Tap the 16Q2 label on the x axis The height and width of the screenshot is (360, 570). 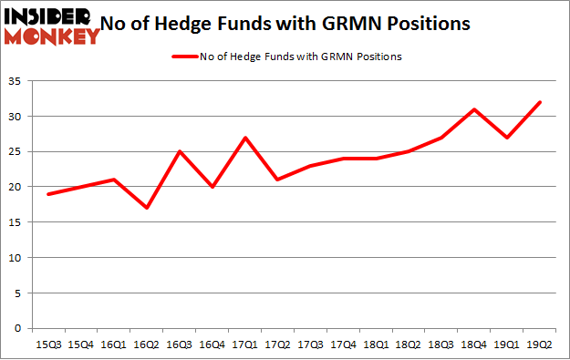[147, 344]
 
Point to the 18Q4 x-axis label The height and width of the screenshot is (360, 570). [474, 344]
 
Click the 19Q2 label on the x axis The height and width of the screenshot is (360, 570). [540, 344]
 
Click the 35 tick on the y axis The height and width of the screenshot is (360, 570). [18, 81]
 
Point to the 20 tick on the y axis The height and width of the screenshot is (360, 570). [18, 187]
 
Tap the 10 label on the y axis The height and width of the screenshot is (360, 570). [18, 257]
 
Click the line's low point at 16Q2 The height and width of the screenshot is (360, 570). [147, 208]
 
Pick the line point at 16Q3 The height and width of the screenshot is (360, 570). [180, 151]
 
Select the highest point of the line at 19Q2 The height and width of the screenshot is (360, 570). [540, 102]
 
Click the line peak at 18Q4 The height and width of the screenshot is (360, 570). [474, 109]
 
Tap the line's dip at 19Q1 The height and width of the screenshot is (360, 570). [507, 138]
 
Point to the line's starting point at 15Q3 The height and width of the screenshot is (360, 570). [48, 194]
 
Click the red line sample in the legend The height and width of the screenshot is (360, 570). [191, 57]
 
